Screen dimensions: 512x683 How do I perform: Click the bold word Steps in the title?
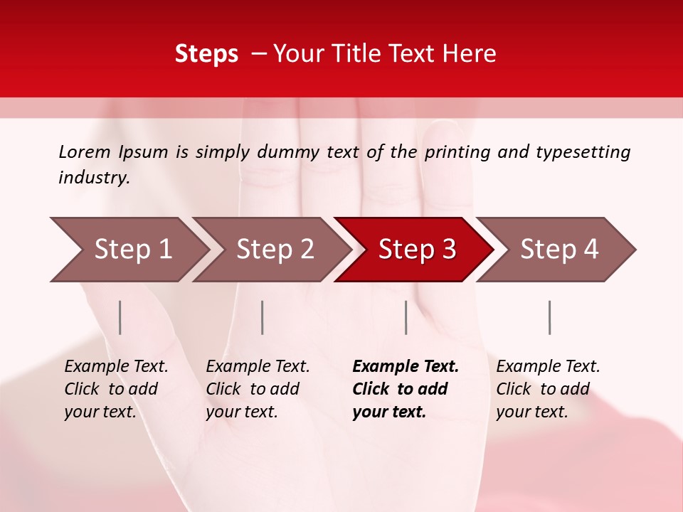coord(206,54)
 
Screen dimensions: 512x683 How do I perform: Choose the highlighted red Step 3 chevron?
coord(417,250)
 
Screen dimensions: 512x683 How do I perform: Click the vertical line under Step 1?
coord(120,317)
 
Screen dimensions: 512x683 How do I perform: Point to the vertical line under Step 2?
coord(263,317)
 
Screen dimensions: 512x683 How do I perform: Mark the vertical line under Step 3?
coord(406,317)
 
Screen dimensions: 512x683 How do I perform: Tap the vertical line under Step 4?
coord(549,317)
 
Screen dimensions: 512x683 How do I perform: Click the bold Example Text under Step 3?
coord(406,367)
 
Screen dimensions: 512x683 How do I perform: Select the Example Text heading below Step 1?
coord(116,367)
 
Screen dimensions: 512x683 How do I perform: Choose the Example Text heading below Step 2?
coord(258,367)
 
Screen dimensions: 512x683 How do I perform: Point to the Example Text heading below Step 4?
coord(548,367)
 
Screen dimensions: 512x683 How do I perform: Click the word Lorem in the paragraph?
coord(85,152)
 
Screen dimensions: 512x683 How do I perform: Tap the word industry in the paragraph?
coord(93,178)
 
